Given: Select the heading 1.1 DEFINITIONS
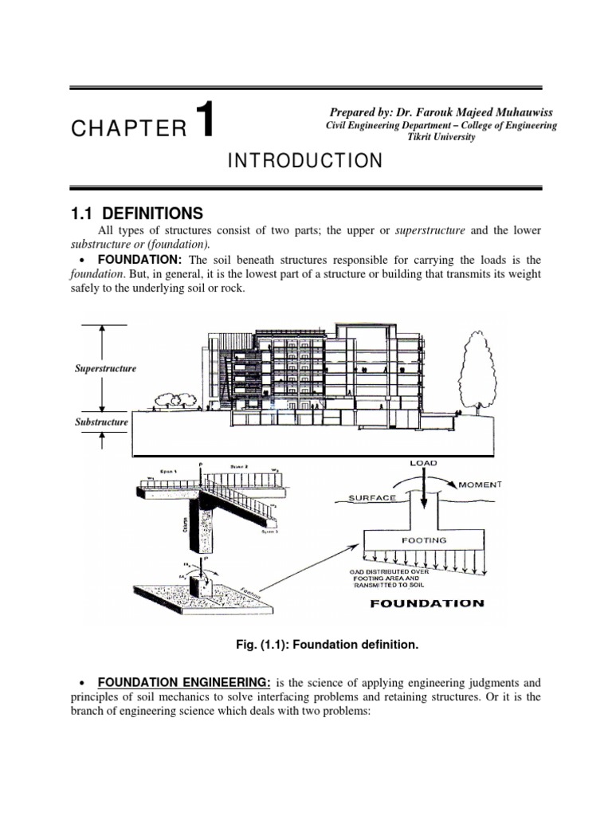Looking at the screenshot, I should pyautogui.click(x=136, y=214).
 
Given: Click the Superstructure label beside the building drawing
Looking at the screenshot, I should pyautogui.click(x=105, y=369).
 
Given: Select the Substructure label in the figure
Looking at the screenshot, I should pyautogui.click(x=102, y=422).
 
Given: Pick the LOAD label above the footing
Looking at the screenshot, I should pyautogui.click(x=424, y=463).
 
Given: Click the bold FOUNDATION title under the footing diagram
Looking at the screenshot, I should pyautogui.click(x=427, y=603).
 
